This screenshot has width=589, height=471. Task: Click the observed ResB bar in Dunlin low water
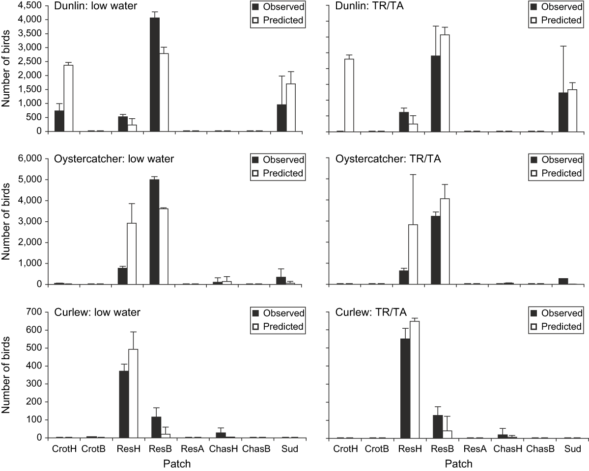[x=154, y=75]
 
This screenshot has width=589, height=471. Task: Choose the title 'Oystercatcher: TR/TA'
[x=382, y=159]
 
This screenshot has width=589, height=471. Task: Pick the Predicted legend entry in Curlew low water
[x=278, y=326]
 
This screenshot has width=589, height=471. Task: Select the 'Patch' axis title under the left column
[x=175, y=463]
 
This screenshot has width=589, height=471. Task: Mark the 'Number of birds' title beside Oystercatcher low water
[x=7, y=220]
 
